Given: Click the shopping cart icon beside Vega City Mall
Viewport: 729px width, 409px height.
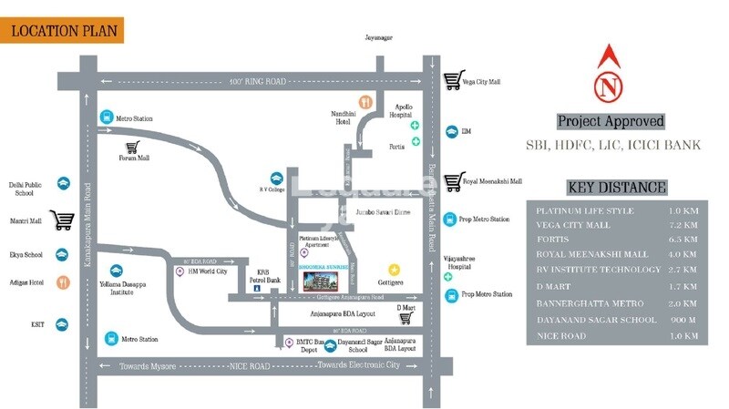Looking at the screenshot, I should click(x=451, y=81).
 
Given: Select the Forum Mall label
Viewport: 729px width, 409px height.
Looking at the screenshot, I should click(x=133, y=158).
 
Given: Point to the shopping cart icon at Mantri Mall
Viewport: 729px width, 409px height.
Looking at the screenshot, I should click(x=62, y=220).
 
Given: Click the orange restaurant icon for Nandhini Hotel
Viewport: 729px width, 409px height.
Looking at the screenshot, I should click(x=365, y=102).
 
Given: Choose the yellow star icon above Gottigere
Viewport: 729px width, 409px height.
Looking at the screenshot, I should click(x=394, y=269).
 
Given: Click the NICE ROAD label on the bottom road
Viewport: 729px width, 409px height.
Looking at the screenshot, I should click(x=251, y=365).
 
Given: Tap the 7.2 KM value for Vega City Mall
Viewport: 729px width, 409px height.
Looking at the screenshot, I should click(x=681, y=224).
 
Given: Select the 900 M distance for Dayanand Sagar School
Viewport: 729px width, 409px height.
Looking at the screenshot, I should click(x=683, y=320).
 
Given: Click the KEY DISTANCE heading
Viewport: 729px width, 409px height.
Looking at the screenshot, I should click(x=616, y=188).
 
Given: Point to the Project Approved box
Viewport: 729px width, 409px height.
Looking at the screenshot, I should click(x=610, y=121).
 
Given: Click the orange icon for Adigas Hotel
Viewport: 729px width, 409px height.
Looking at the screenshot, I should click(x=62, y=282).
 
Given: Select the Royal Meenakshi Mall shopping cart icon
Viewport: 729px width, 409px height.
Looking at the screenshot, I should click(x=451, y=181).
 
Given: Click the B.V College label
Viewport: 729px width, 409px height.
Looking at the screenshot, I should click(x=272, y=190).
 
